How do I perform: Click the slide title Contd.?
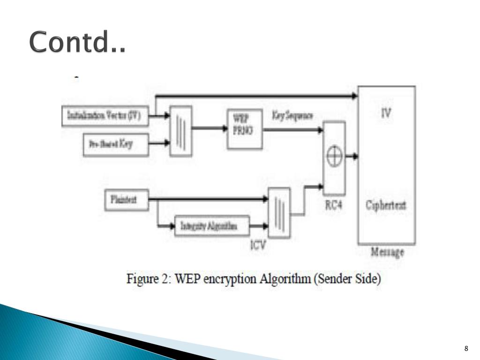[77, 43]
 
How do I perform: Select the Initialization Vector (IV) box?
[105, 116]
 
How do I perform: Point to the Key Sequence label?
[292, 116]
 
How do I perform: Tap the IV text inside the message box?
[386, 113]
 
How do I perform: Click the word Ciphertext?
[386, 205]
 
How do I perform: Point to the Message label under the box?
[387, 253]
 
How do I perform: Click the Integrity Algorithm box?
[211, 226]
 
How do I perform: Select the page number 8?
[466, 348]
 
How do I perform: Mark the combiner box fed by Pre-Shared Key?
[180, 130]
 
